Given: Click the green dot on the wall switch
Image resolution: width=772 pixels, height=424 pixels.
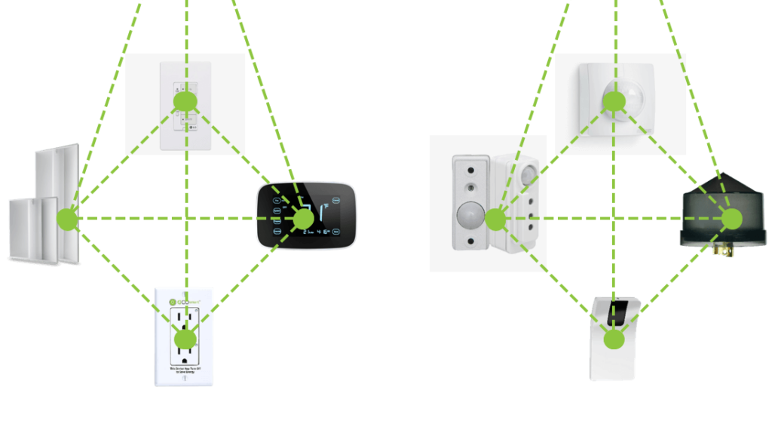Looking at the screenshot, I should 185,101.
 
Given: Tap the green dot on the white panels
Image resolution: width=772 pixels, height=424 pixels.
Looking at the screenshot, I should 67,220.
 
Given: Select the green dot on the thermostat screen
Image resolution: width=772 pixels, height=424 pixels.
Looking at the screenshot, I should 302,219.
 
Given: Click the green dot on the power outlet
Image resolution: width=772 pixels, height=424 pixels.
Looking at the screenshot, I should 185,339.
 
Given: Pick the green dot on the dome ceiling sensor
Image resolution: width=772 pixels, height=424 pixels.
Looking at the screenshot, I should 614,101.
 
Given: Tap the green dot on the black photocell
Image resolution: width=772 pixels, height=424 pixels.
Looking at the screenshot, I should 731,219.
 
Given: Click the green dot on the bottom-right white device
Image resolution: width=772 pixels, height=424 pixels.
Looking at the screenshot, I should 614,339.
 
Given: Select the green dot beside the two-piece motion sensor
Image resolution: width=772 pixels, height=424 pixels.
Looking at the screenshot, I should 495,220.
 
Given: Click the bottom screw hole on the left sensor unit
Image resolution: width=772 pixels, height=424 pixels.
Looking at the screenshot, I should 470,242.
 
